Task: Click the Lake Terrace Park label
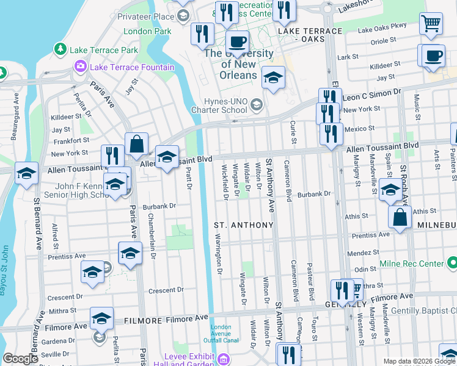(104, 49)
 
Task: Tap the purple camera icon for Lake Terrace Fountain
(79, 66)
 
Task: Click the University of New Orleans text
(238, 64)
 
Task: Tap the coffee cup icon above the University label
(237, 42)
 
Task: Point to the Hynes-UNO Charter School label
(218, 106)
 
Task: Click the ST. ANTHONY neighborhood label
(244, 225)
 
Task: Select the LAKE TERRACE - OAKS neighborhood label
(310, 35)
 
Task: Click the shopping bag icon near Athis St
(398, 217)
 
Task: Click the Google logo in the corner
(21, 359)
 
